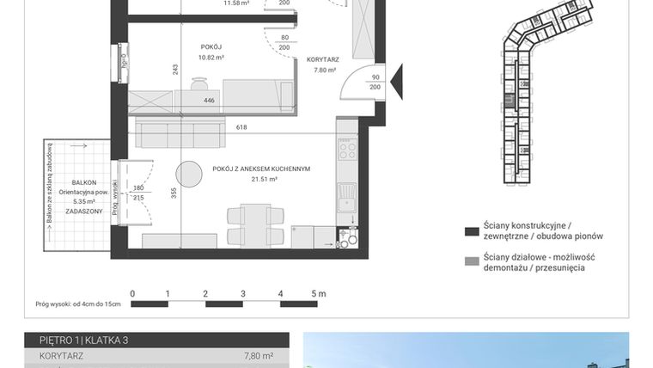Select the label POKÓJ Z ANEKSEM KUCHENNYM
tap(261, 169)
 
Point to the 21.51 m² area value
tap(264, 180)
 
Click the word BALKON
tap(84, 182)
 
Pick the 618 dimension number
tap(241, 127)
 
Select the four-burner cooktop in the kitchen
tap(348, 152)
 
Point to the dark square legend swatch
tap(471, 232)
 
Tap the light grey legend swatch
tap(471, 261)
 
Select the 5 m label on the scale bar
tap(318, 294)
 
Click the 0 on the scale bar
tap(132, 294)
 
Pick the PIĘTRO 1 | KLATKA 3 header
tap(78, 340)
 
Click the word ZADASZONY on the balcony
tap(84, 211)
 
